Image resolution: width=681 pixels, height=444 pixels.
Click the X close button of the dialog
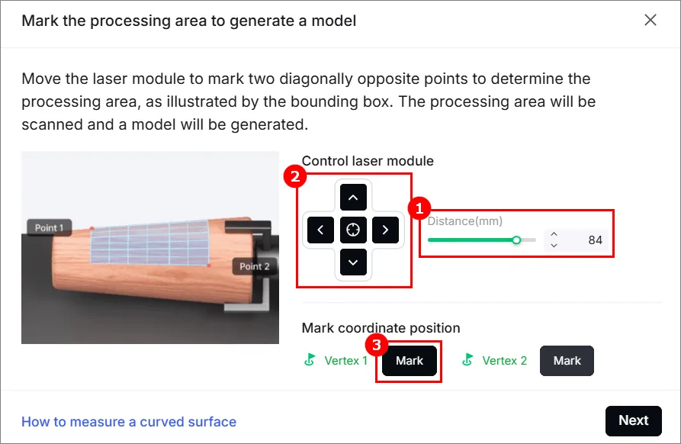tap(650, 20)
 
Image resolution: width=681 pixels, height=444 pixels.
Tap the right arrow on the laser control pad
tap(385, 230)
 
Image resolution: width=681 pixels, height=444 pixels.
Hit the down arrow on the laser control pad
tap(353, 262)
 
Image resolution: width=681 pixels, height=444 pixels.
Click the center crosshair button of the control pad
tap(353, 230)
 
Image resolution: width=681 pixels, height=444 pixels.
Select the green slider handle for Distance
tap(516, 240)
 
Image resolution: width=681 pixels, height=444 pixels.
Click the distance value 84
tap(595, 240)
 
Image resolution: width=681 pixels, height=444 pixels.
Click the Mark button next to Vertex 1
tap(409, 361)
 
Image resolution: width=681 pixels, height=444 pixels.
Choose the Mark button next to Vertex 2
tap(567, 361)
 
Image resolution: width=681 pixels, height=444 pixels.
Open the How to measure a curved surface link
tap(129, 422)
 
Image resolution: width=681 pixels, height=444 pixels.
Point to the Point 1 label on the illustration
tap(49, 227)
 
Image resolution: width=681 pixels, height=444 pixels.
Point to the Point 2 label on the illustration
tap(255, 266)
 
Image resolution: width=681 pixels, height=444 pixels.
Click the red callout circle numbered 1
tap(419, 208)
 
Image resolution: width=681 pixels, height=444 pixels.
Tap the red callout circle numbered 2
tap(295, 176)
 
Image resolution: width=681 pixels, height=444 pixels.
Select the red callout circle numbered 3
tap(377, 345)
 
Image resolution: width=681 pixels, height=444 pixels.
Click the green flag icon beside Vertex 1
tap(310, 360)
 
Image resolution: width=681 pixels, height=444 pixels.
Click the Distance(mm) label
tap(465, 221)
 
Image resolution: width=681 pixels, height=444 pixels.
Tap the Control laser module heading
tap(368, 161)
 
